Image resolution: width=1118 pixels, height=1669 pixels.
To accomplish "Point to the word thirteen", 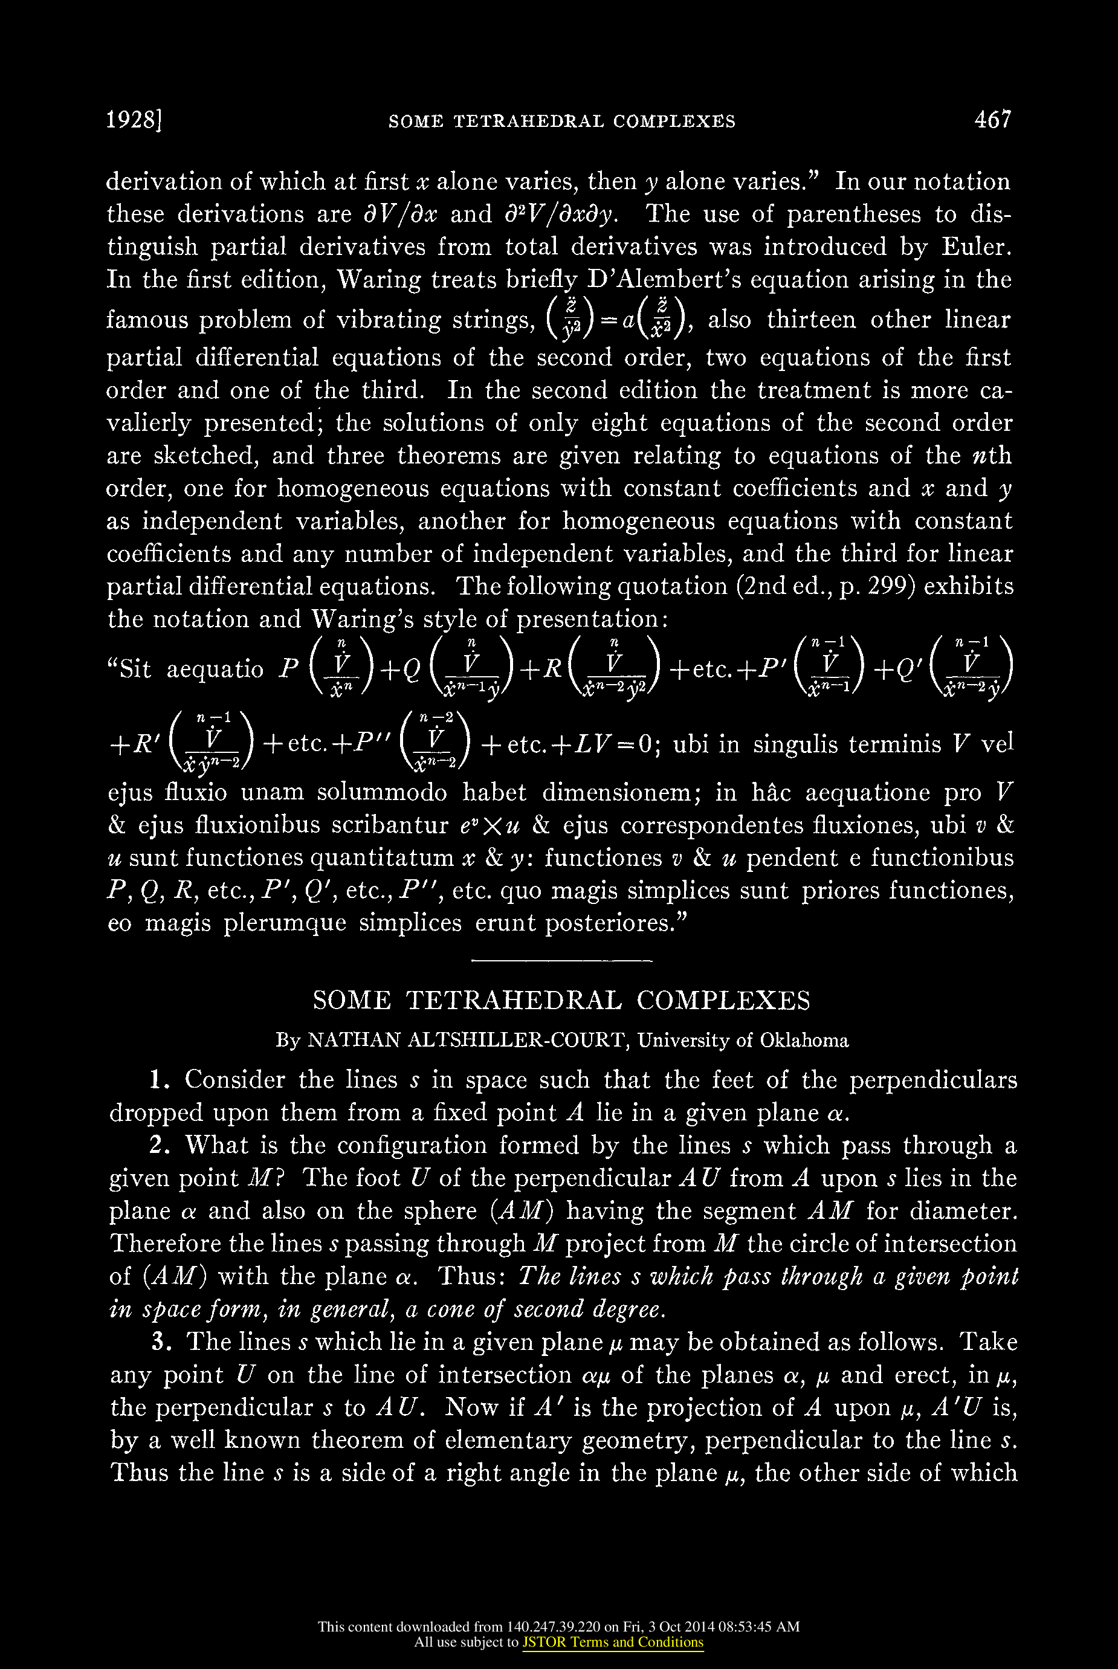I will [812, 320].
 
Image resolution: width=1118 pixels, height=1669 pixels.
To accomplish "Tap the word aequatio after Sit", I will [215, 670].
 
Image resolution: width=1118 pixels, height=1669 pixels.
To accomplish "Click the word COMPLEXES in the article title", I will [723, 1000].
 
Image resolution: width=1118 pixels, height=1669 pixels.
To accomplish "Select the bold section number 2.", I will [159, 1146].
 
